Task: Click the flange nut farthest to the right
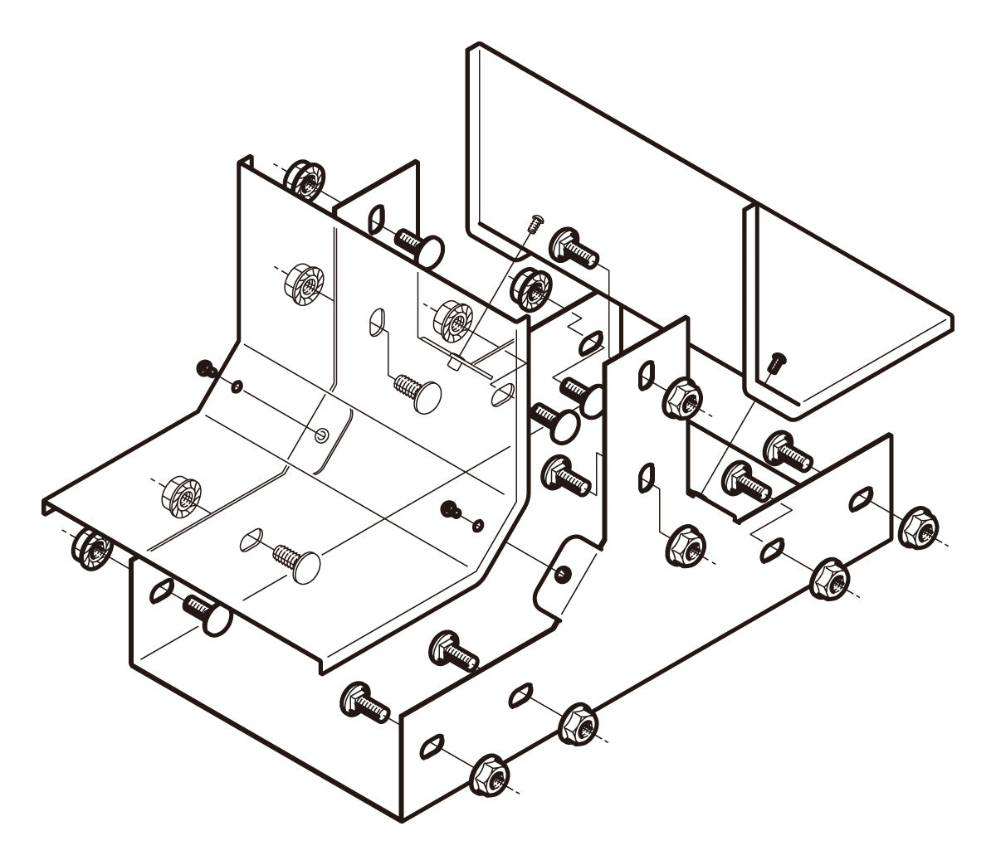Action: pyautogui.click(x=920, y=527)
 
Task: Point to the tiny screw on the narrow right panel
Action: pyautogui.click(x=777, y=361)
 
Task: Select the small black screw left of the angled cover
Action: pyautogui.click(x=204, y=368)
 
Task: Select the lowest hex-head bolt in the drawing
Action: pyautogui.click(x=365, y=702)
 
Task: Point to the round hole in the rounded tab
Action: pyautogui.click(x=564, y=574)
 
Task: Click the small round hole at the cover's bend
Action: pyautogui.click(x=323, y=434)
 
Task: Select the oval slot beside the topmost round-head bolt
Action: pyautogui.click(x=376, y=218)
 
